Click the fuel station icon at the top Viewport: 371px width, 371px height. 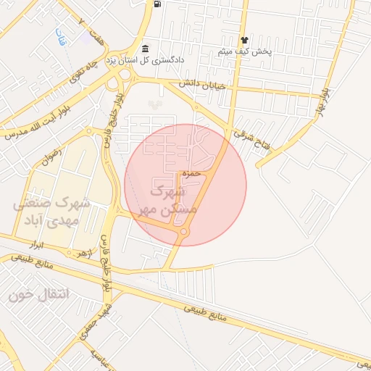coord(157,4)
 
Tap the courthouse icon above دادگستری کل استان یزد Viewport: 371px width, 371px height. coord(145,48)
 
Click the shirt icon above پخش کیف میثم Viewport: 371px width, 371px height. coord(245,41)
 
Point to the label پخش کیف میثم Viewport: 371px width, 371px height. coord(245,52)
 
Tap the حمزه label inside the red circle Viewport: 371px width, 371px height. coord(191,174)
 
